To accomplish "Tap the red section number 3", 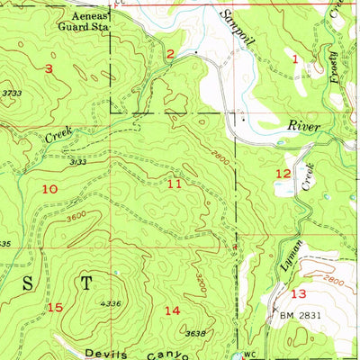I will pyautogui.click(x=49, y=69).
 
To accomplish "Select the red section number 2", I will pyautogui.click(x=169, y=55).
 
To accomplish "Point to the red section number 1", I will pyautogui.click(x=296, y=58).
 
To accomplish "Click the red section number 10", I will pyautogui.click(x=49, y=188).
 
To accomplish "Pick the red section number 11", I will pyautogui.click(x=175, y=184).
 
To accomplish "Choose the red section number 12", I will pyautogui.click(x=283, y=173).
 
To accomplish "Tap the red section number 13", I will pyautogui.click(x=298, y=293).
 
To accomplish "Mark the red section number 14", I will pyautogui.click(x=172, y=310).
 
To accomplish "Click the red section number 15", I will pyautogui.click(x=55, y=308).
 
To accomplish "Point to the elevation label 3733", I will pyautogui.click(x=12, y=93).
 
